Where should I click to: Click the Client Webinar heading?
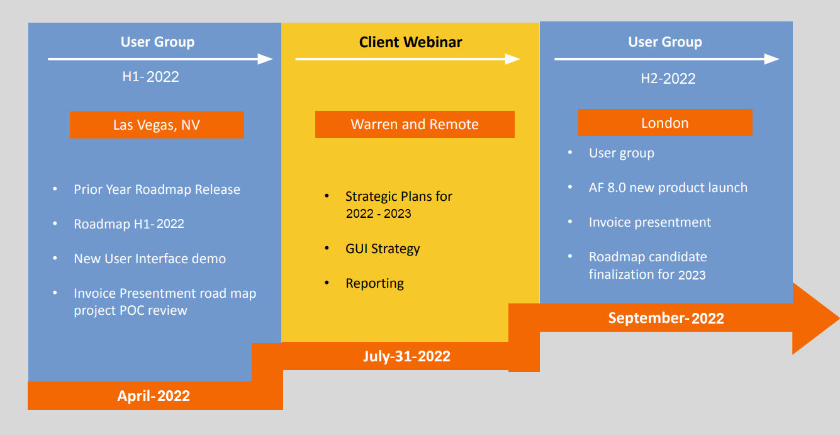411,42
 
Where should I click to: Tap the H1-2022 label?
151,77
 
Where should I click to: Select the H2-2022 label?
668,79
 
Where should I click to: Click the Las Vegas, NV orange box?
157,125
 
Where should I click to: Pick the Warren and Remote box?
415,124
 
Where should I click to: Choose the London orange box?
665,122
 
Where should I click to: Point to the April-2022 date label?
154,395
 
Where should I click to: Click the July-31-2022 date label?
407,356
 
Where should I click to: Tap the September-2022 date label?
666,318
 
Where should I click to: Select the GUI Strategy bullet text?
383,249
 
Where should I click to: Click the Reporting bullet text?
374,283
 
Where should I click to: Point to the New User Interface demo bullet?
150,259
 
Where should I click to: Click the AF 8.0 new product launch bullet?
668,188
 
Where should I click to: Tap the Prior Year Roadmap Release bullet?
157,189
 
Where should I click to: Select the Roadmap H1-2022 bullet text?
129,223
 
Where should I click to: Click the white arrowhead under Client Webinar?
513,59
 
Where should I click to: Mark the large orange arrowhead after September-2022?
815,319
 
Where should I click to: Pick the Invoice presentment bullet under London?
650,222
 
